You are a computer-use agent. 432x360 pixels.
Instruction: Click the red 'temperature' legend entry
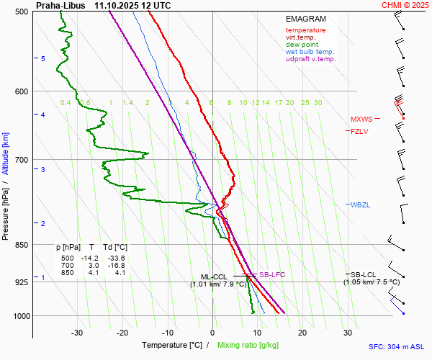click(x=305, y=30)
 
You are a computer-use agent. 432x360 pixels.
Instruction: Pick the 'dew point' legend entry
click(x=302, y=45)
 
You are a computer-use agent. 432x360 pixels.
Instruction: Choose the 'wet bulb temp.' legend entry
click(x=310, y=52)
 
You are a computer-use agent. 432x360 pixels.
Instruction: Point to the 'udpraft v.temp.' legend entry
click(x=311, y=59)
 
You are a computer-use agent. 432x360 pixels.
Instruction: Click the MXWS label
click(x=361, y=120)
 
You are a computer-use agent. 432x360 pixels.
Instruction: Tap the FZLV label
click(x=359, y=131)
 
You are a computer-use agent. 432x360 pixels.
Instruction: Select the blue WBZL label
click(x=360, y=205)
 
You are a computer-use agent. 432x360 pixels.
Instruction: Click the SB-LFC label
click(x=272, y=274)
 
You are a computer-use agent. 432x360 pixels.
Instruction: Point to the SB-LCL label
click(x=363, y=274)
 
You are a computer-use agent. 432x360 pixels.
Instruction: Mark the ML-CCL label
click(x=214, y=276)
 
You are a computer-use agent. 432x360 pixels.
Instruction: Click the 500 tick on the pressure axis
click(x=20, y=12)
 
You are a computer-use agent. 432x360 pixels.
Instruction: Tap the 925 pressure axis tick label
click(x=20, y=282)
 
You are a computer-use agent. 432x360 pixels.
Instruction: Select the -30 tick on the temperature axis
click(x=77, y=332)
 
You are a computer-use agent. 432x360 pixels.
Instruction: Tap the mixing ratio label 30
click(x=318, y=103)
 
